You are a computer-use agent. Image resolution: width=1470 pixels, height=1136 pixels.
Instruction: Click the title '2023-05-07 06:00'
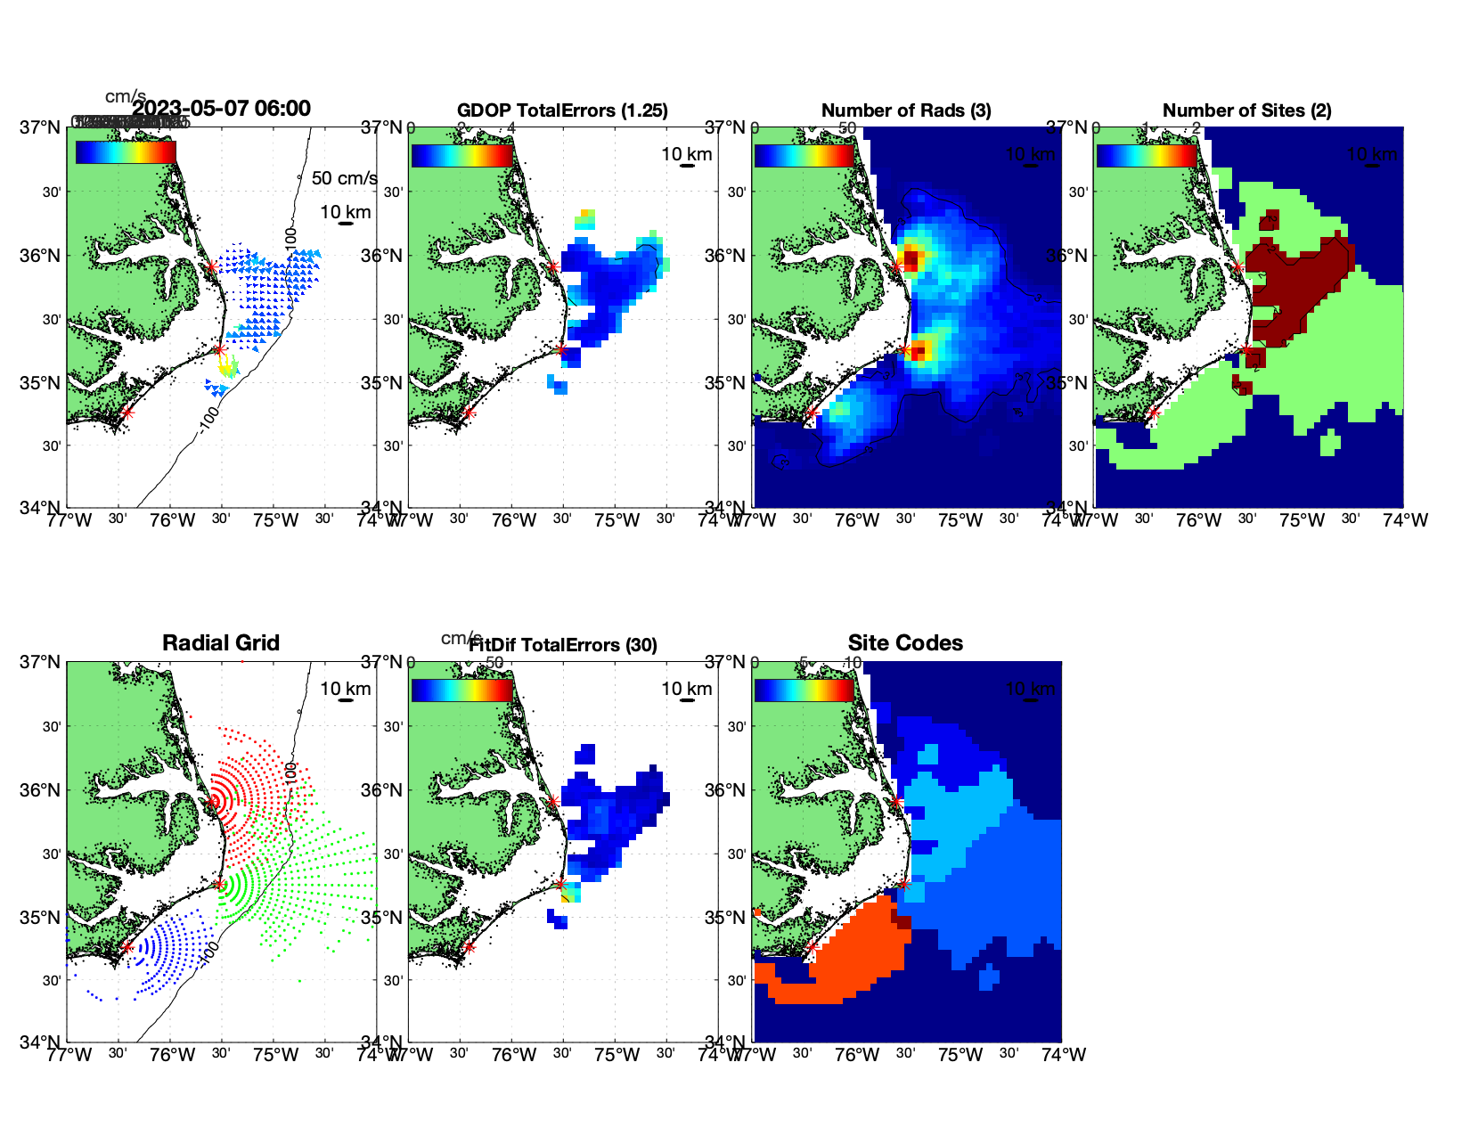221,109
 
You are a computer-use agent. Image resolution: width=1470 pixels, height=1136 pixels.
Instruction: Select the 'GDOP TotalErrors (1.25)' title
562,110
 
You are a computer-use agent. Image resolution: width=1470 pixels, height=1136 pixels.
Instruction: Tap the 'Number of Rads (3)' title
906,110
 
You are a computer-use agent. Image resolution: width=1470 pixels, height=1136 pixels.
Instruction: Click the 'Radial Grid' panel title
221,642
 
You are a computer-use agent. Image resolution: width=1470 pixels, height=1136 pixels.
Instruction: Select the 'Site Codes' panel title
905,642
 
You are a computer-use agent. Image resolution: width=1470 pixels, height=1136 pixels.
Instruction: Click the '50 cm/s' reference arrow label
344,178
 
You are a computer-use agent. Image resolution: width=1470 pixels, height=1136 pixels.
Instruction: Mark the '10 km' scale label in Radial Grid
346,688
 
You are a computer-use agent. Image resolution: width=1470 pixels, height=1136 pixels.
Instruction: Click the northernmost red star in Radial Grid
211,802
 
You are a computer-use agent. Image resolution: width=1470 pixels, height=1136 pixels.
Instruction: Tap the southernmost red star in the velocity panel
127,413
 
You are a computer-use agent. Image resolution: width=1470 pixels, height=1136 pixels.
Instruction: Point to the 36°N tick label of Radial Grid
41,790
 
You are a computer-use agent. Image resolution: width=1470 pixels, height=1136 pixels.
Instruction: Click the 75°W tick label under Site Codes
960,1055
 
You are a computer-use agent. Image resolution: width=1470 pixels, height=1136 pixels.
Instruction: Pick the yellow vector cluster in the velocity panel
228,365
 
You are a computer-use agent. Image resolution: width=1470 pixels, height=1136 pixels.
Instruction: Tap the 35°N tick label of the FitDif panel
383,918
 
